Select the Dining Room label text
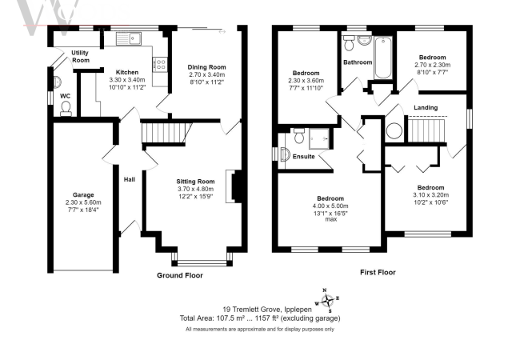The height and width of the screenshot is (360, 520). (x=203, y=66)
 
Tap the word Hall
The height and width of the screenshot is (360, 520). (x=129, y=180)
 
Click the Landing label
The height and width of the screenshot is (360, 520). (x=425, y=106)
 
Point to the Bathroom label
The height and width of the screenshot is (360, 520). (x=358, y=62)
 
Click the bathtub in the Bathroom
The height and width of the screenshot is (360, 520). (x=382, y=58)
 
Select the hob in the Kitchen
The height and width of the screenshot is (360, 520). (x=160, y=62)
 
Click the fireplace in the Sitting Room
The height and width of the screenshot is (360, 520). (x=232, y=186)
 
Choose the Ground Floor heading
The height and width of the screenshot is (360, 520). (x=179, y=274)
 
